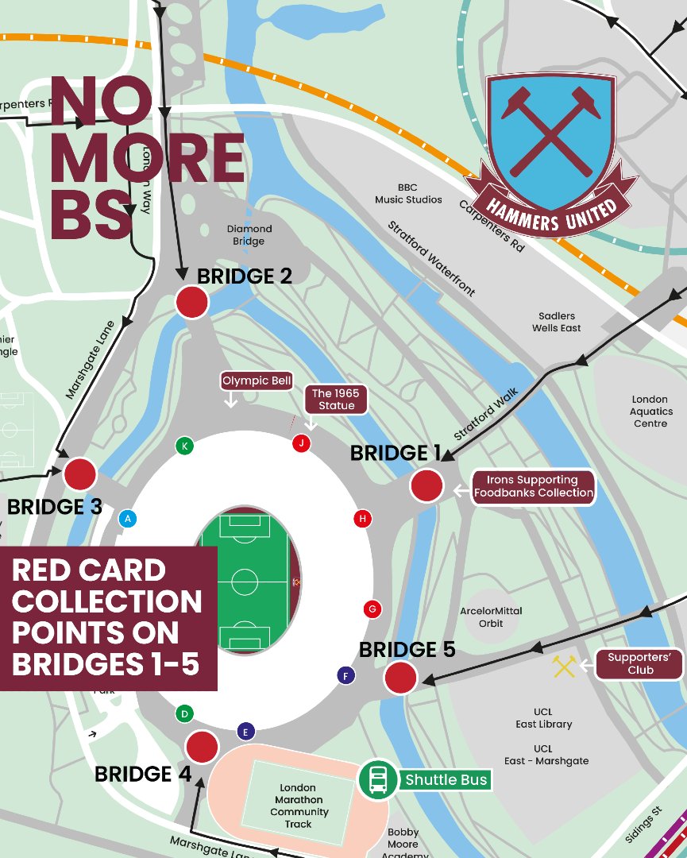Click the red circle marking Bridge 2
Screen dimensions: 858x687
pyautogui.click(x=191, y=303)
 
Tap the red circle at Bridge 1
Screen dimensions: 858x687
pyautogui.click(x=426, y=485)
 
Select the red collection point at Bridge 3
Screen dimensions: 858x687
pyautogui.click(x=79, y=474)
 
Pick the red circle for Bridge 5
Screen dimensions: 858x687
pyautogui.click(x=400, y=678)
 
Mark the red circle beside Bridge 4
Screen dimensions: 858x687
pyautogui.click(x=202, y=747)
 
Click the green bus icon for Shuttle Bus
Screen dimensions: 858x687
pyautogui.click(x=378, y=779)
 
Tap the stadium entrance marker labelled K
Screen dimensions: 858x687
pyautogui.click(x=184, y=446)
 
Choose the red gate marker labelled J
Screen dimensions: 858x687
pyautogui.click(x=300, y=443)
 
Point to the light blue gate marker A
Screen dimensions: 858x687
pyautogui.click(x=126, y=519)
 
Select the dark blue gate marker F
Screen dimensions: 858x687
pyautogui.click(x=345, y=676)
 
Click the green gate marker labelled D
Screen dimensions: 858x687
pyautogui.click(x=184, y=713)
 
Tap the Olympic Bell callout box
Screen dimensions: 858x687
pyautogui.click(x=257, y=381)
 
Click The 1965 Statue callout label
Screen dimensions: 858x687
pyautogui.click(x=335, y=400)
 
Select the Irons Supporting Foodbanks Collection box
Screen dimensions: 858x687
pyautogui.click(x=534, y=486)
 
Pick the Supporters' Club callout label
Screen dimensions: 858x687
pyautogui.click(x=639, y=664)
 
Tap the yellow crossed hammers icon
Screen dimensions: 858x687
pyautogui.click(x=564, y=667)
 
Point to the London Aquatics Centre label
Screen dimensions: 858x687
pyautogui.click(x=650, y=412)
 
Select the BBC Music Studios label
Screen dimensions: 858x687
pyautogui.click(x=408, y=194)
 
